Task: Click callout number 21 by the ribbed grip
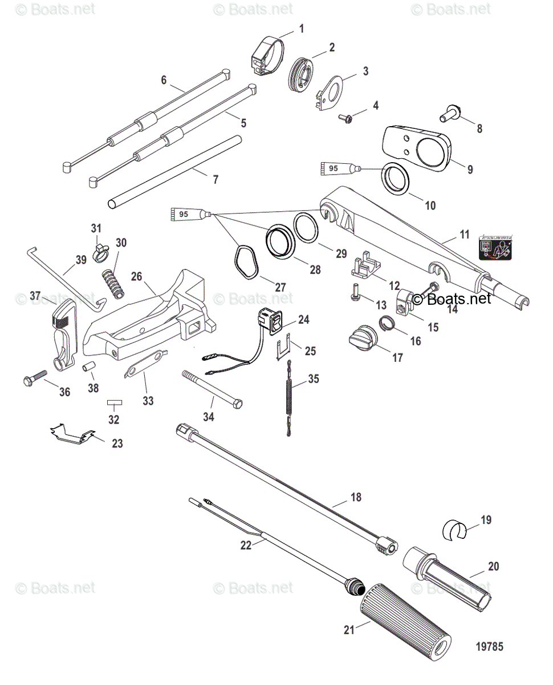pos(349,630)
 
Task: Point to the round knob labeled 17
pos(363,341)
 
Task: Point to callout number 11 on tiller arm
pos(464,234)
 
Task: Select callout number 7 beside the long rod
pos(215,179)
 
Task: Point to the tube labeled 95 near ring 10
pos(339,168)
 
